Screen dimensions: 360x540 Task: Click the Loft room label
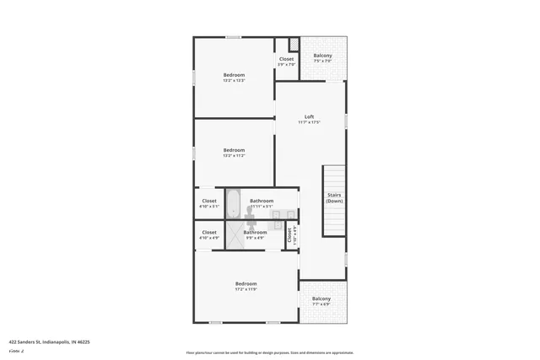point(310,116)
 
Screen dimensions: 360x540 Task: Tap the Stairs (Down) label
point(334,198)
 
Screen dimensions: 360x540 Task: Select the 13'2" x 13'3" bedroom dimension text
point(234,81)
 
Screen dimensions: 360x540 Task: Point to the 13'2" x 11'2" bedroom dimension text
point(234,156)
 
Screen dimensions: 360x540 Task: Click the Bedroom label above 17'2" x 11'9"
point(246,283)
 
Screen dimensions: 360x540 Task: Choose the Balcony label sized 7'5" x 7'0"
point(322,56)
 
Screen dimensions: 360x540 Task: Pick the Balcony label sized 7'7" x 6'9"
point(321,298)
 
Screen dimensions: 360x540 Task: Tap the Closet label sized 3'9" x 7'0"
point(287,59)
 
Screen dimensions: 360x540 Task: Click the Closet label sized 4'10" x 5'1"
point(209,201)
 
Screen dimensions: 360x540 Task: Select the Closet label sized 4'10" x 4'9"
point(209,232)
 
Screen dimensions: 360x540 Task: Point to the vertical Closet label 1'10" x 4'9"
point(289,235)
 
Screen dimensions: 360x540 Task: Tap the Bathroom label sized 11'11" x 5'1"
point(262,201)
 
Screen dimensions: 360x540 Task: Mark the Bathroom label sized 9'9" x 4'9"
point(255,232)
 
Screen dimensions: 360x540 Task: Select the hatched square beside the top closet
point(294,44)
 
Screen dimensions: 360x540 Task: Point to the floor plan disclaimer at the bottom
point(269,353)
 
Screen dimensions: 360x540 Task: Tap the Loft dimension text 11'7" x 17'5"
point(310,123)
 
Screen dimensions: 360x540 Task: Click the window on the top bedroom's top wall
point(233,37)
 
